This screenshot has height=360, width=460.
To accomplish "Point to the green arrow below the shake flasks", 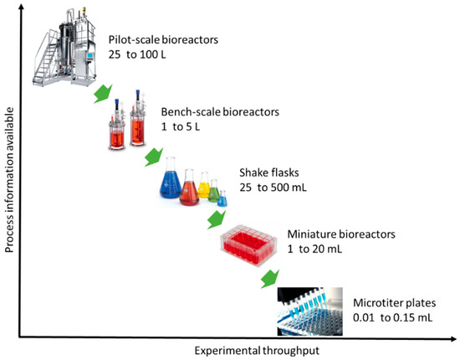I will (215, 219).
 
